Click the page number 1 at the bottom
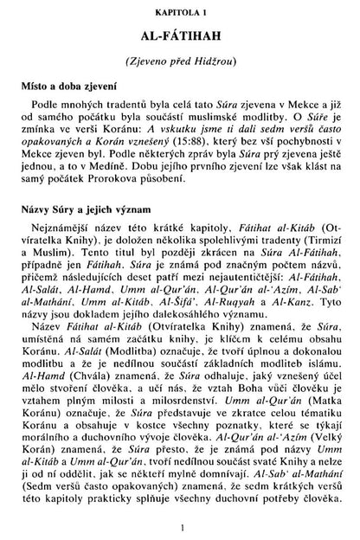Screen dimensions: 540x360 coord(180,526)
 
